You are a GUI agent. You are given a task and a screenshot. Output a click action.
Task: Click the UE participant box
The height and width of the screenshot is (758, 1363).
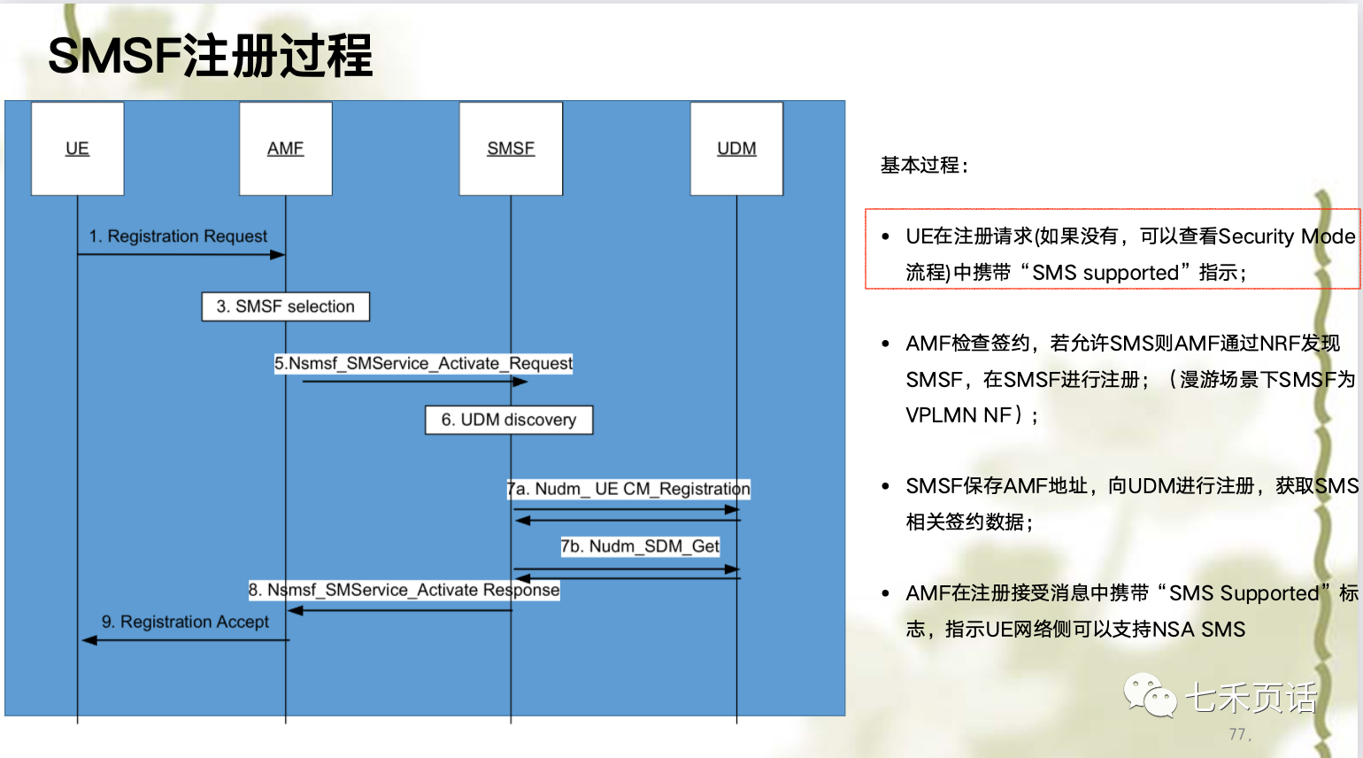point(77,148)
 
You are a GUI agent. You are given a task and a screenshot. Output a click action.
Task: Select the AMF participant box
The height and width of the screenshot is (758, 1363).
point(285,148)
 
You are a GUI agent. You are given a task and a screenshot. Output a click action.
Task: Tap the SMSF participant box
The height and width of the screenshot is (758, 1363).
point(511,148)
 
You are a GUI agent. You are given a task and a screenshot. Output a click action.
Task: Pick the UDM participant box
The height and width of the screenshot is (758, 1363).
point(736,148)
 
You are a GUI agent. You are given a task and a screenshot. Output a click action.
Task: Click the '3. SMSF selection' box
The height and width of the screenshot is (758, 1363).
point(285,306)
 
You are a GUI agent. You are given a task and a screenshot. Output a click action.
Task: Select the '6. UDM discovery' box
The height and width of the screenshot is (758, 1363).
point(509,420)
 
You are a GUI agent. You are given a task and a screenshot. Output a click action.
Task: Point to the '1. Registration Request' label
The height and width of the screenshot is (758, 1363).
point(178,236)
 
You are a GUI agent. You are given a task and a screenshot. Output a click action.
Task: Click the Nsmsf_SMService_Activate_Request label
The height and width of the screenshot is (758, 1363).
point(423,363)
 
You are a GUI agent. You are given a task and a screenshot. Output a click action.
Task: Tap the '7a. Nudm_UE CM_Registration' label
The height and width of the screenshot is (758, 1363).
point(628,489)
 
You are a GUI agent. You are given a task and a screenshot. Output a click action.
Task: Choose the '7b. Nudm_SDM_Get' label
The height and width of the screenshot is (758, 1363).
point(640,546)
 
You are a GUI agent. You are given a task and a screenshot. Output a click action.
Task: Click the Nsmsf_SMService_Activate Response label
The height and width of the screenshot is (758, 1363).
point(404,590)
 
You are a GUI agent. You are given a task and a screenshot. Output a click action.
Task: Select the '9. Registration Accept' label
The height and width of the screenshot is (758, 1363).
point(185,622)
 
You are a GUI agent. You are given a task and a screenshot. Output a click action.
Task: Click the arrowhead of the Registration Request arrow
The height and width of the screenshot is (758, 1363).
point(278,255)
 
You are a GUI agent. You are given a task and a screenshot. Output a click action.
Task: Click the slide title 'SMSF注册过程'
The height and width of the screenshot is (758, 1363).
point(210,55)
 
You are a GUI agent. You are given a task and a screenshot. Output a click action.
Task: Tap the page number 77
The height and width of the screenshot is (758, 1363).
point(1237,734)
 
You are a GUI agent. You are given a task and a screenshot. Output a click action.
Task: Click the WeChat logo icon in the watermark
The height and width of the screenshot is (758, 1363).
point(1150,695)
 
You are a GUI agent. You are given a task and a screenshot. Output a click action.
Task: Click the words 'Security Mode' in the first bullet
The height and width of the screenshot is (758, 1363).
point(1286,236)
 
